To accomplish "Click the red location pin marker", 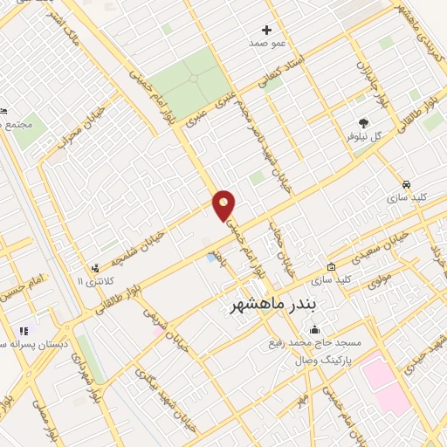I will click(x=224, y=205).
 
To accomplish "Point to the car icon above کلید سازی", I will click(x=407, y=184).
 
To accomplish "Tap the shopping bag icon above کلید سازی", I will click(x=331, y=267).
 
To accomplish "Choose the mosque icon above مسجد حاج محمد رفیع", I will click(x=314, y=330).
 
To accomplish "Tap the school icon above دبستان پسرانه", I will click(x=23, y=331).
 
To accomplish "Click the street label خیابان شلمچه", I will click(x=168, y=235).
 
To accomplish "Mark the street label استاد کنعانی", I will click(x=285, y=72).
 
